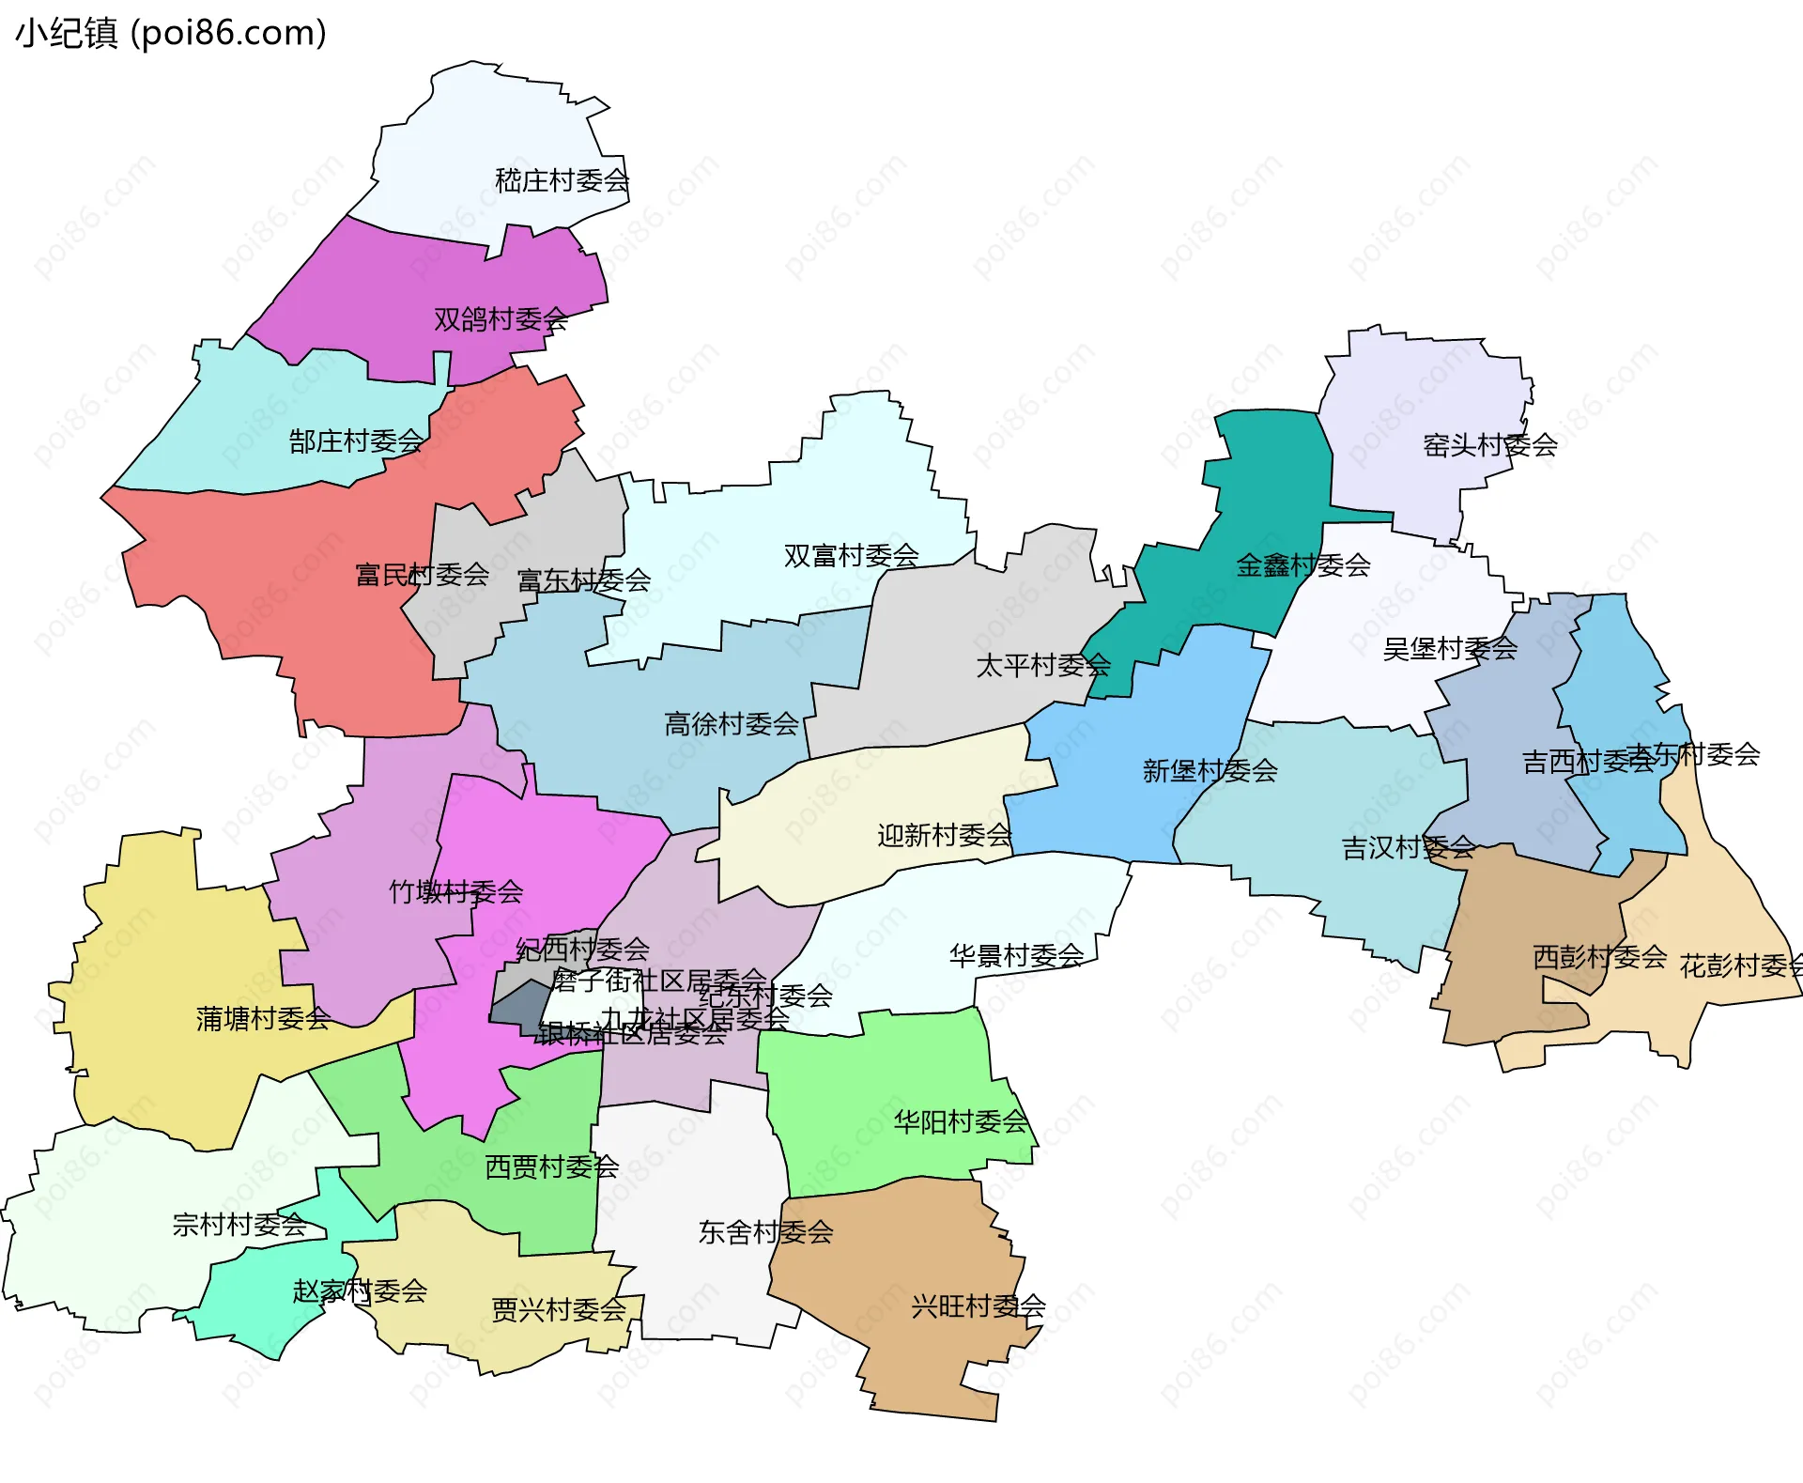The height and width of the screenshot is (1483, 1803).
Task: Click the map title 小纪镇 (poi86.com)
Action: click(x=171, y=33)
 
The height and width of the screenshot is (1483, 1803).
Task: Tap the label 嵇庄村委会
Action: click(x=562, y=180)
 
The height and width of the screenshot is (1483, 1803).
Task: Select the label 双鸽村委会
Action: click(x=501, y=319)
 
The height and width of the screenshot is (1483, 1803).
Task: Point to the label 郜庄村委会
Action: click(x=356, y=440)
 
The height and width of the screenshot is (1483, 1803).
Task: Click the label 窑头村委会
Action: click(x=1490, y=445)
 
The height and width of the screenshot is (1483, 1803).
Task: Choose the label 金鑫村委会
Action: click(x=1303, y=565)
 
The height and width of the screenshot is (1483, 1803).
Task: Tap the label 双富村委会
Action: click(x=851, y=556)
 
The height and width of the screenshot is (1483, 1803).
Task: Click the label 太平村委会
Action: click(x=1043, y=666)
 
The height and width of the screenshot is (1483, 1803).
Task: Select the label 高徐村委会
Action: click(x=732, y=724)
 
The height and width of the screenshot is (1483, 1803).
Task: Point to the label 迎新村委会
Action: click(x=944, y=835)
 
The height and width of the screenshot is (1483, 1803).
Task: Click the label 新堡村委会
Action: click(x=1210, y=771)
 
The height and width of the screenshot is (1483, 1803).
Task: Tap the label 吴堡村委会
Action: click(x=1450, y=648)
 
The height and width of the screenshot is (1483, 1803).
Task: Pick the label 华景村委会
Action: click(x=1016, y=956)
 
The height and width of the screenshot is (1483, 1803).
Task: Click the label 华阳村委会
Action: click(x=961, y=1121)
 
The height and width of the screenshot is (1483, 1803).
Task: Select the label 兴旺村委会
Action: click(x=978, y=1305)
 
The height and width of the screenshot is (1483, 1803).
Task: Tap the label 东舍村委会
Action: click(x=765, y=1232)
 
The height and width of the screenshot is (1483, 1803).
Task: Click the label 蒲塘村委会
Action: click(x=263, y=1018)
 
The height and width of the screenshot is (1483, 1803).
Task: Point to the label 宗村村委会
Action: click(x=239, y=1224)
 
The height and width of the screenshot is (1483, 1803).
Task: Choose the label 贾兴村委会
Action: click(x=559, y=1309)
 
